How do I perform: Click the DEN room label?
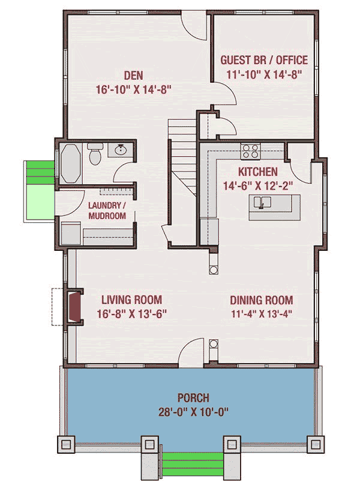pyautogui.click(x=133, y=76)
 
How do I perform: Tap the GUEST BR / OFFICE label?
pyautogui.click(x=264, y=60)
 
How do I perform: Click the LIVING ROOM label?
pyautogui.click(x=131, y=300)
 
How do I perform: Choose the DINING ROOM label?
pyautogui.click(x=261, y=300)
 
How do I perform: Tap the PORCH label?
pyautogui.click(x=193, y=397)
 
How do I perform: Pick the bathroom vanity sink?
pyautogui.click(x=120, y=150)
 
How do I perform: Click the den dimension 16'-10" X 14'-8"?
pyautogui.click(x=133, y=90)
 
